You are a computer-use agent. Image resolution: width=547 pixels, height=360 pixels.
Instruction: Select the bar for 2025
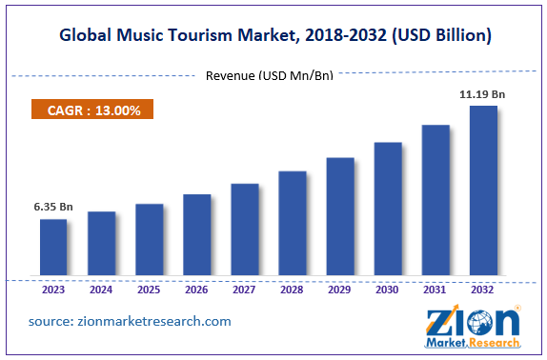149,240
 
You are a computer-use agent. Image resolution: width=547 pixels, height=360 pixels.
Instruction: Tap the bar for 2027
245,230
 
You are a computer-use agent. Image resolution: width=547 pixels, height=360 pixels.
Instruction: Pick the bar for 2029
340,217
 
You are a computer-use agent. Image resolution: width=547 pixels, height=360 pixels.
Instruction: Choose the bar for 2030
388,210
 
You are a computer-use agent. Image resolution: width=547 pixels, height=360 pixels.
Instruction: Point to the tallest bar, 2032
483,190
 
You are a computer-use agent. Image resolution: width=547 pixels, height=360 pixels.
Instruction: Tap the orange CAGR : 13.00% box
93,110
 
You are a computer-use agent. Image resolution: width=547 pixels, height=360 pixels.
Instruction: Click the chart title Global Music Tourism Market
273,36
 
